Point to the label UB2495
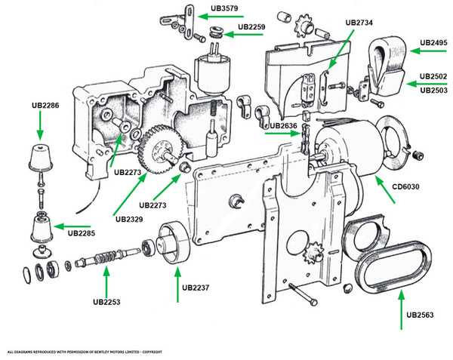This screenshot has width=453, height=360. click(434, 42)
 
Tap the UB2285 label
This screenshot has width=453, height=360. click(82, 233)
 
